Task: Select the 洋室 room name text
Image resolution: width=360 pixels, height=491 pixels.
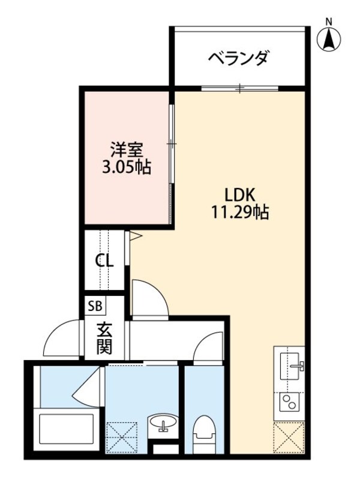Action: pos(126,148)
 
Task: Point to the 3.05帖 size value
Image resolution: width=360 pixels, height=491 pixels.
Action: pos(126,166)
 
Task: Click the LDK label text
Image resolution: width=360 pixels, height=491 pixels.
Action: pos(240,194)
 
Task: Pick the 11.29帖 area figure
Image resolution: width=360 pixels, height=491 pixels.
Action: pos(240,212)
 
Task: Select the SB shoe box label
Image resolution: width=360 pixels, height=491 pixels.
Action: pos(95,306)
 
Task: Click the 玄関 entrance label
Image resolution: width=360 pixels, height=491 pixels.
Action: pos(105,338)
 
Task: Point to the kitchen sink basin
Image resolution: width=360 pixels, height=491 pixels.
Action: pos(291,364)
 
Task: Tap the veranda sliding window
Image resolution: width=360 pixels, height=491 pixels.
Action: pos(240,89)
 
